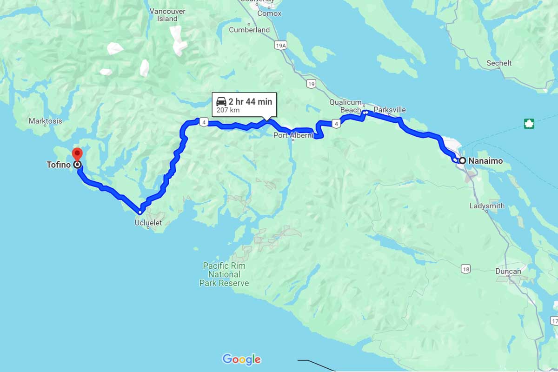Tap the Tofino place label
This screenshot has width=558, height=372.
click(x=58, y=165)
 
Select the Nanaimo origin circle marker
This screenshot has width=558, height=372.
click(x=462, y=160)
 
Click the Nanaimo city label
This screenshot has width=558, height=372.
click(x=485, y=161)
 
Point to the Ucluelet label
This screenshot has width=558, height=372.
click(x=148, y=223)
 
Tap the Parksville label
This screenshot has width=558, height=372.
click(x=390, y=110)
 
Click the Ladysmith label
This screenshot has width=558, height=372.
click(x=487, y=206)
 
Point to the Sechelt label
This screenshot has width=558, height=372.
click(x=499, y=63)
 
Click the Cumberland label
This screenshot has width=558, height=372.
click(x=249, y=30)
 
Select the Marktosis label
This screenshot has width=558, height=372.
click(x=45, y=121)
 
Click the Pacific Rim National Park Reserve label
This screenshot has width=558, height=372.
click(x=224, y=274)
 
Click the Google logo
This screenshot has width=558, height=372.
click(x=241, y=359)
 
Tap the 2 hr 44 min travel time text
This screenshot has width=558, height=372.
click(x=250, y=101)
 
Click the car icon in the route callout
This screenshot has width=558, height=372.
click(x=221, y=101)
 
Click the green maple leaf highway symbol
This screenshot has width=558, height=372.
click(x=529, y=124)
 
